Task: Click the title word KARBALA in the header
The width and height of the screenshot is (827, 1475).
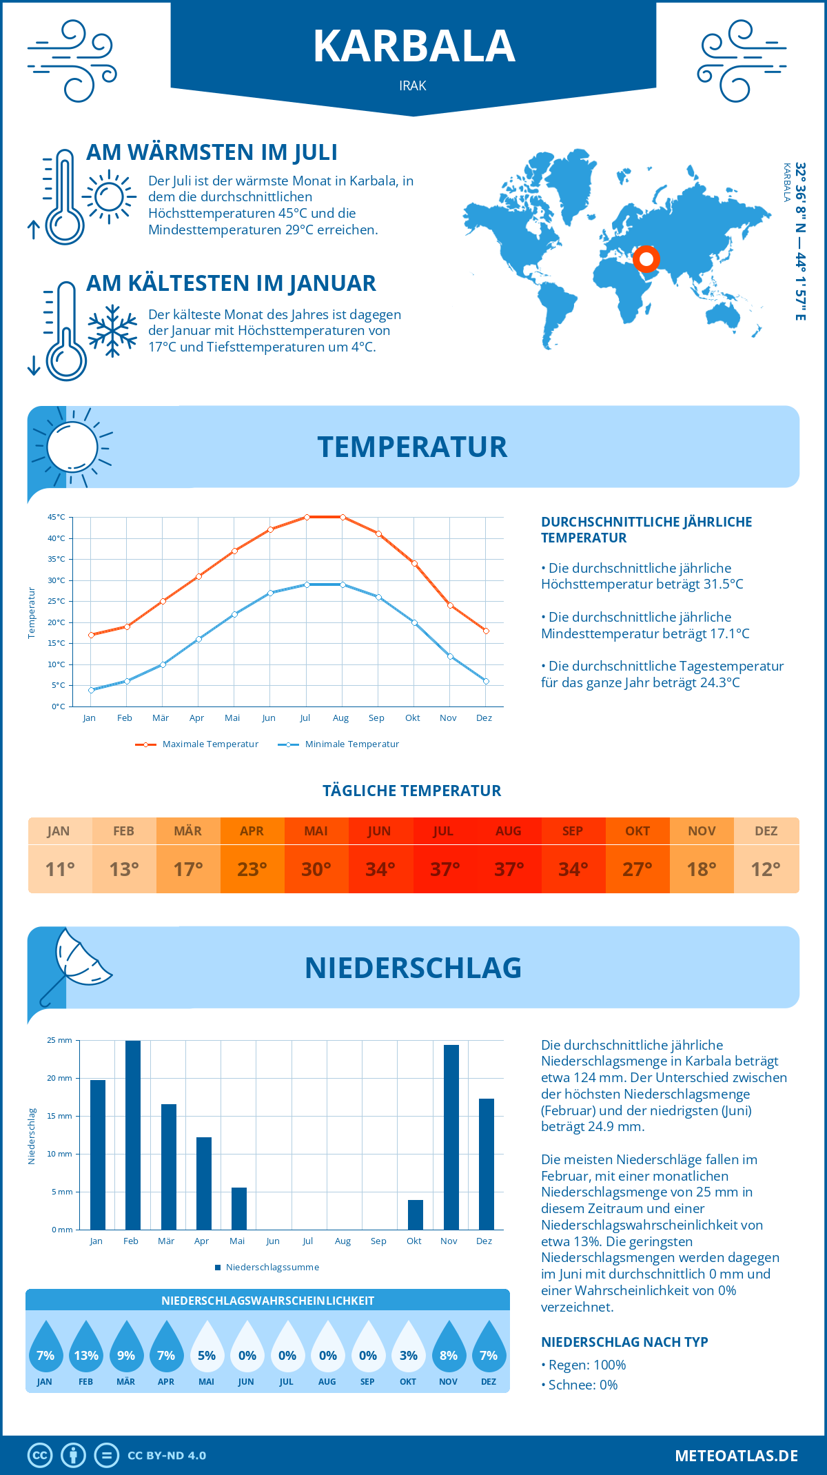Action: tap(414, 46)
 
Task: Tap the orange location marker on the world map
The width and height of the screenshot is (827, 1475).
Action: tap(646, 259)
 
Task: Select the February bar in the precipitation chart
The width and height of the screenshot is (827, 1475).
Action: tap(132, 1135)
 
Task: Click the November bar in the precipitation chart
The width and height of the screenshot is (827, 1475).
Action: tap(451, 1137)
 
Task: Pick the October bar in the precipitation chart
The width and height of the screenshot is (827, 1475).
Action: tap(415, 1214)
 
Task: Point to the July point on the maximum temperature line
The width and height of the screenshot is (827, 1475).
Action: tap(307, 517)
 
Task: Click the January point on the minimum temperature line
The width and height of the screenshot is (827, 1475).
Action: tap(91, 690)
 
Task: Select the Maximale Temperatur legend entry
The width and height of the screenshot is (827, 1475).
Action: tap(197, 744)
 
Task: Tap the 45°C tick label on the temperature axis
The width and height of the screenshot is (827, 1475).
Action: tap(57, 517)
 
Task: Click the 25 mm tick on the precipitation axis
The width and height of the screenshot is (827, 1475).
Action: tap(59, 1040)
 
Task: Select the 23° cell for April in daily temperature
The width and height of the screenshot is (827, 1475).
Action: tap(252, 869)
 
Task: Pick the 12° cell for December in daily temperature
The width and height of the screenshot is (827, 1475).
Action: tap(766, 869)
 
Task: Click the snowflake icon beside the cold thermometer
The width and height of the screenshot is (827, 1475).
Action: tap(112, 331)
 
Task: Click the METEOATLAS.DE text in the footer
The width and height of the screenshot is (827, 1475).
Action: tap(736, 1456)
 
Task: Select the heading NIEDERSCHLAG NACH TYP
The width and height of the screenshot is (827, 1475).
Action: tap(624, 1342)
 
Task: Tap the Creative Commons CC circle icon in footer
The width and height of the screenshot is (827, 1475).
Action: tap(40, 1456)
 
